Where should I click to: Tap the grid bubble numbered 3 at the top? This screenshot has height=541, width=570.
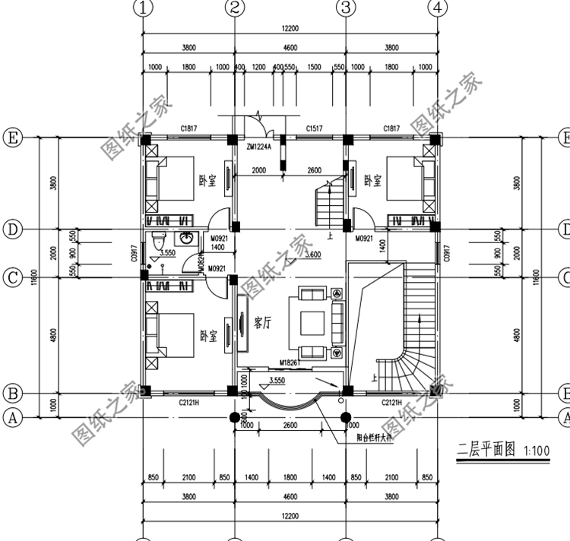tap(346, 8)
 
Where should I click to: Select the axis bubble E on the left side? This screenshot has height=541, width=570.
tap(13, 138)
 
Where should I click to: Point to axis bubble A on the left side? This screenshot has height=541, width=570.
tap(13, 416)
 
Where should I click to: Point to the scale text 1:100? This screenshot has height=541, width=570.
tap(535, 451)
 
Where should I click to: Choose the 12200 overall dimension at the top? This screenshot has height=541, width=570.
tap(290, 28)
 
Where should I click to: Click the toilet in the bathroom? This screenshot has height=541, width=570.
tap(157, 244)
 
